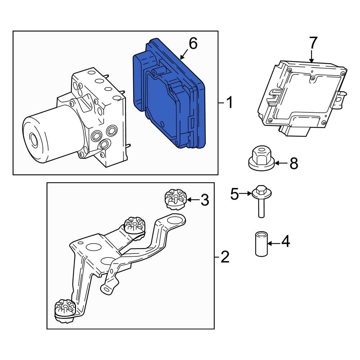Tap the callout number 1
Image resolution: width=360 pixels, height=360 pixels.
(x=229, y=103)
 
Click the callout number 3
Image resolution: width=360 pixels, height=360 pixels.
(x=204, y=200)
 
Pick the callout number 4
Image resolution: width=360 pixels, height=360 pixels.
(x=285, y=242)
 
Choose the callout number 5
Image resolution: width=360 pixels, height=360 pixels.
(x=235, y=195)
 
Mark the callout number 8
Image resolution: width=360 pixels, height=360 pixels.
(x=294, y=164)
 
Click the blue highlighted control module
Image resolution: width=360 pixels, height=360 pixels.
(x=167, y=97)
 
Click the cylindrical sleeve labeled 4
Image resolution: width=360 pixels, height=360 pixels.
(x=261, y=244)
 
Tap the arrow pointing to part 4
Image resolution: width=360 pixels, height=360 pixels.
(x=274, y=244)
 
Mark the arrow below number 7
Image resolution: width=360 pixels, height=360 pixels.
(x=312, y=56)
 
